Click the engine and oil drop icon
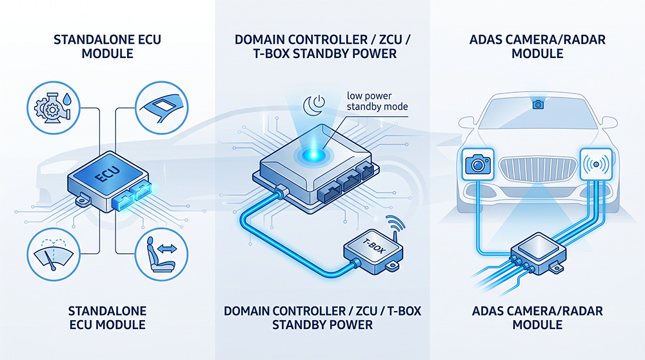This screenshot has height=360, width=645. coord(54,107)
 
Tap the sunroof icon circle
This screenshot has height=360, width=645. coord(162,107)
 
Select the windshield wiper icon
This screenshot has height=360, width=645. coord(54,254)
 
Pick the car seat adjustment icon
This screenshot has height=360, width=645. coord(162,254)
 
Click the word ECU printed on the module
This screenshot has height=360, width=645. coord(107,174)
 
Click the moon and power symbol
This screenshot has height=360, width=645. coord(314,105)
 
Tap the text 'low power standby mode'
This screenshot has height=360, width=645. coord(377,101)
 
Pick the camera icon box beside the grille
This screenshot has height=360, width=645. coord(477,164)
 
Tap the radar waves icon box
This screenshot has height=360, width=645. coord(596,164)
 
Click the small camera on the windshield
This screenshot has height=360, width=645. coord(538,105)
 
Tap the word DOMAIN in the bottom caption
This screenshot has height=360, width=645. coord(246,310)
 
